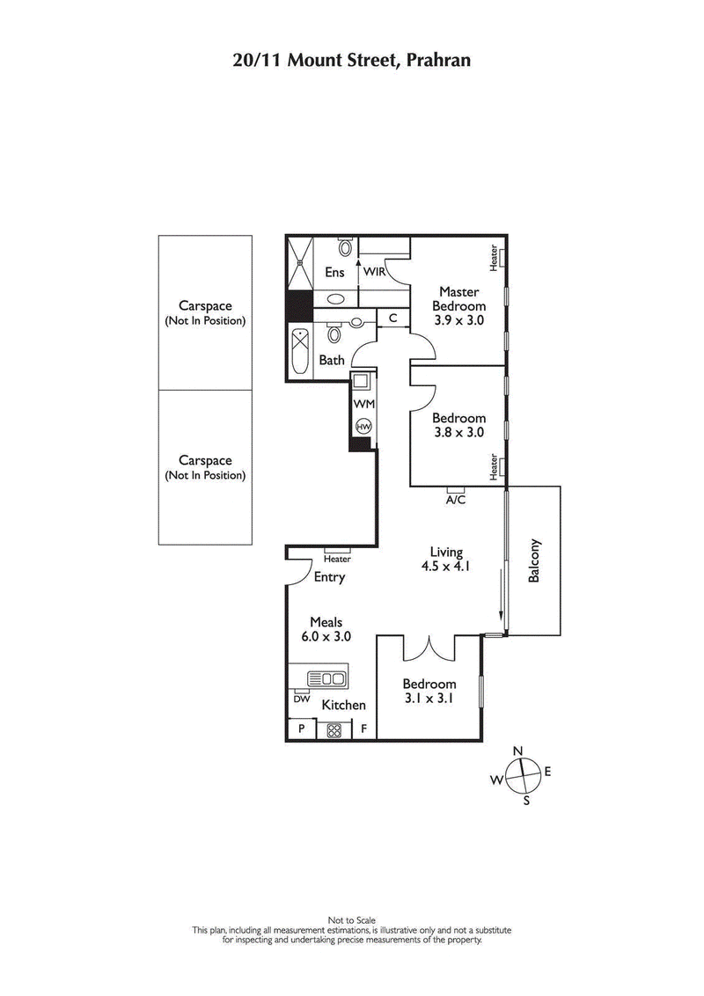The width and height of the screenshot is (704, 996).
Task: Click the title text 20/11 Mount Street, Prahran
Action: click(x=352, y=60)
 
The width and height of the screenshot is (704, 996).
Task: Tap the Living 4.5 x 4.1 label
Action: click(x=444, y=560)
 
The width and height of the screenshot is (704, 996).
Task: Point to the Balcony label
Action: click(x=534, y=561)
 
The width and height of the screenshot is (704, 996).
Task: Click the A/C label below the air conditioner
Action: click(x=455, y=500)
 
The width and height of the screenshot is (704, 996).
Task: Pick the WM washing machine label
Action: click(x=363, y=404)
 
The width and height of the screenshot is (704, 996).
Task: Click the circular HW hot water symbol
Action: click(x=363, y=426)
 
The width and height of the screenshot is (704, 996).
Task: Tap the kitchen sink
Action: click(x=326, y=678)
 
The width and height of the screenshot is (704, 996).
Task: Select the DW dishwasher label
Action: click(x=301, y=699)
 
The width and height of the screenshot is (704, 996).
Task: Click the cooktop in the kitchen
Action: click(x=334, y=729)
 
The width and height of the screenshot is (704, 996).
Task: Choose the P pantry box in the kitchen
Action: click(x=302, y=729)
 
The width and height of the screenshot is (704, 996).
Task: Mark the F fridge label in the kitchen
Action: click(x=363, y=729)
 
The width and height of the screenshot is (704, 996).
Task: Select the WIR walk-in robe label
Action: click(x=376, y=272)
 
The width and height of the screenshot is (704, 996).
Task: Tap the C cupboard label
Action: click(x=392, y=318)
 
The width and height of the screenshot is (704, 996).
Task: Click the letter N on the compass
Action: click(x=518, y=750)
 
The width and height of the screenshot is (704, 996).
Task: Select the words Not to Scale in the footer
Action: click(x=352, y=920)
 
